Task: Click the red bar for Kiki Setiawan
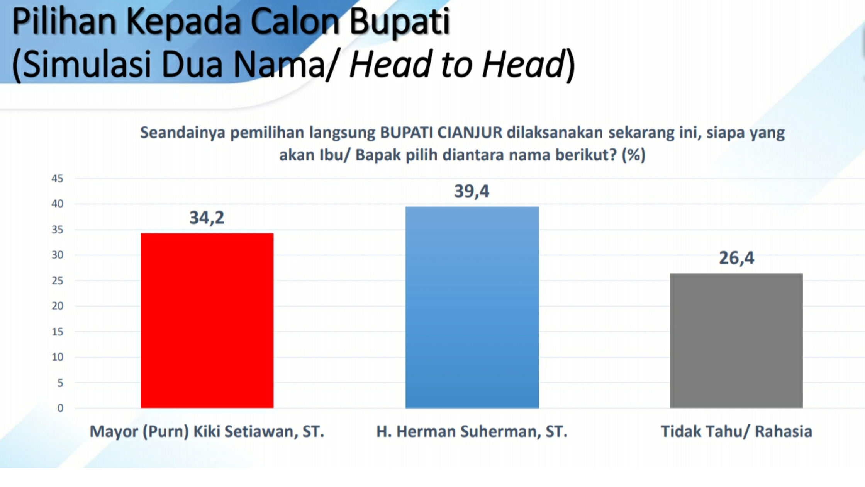pyautogui.click(x=207, y=320)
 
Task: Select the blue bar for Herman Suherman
pyautogui.click(x=472, y=307)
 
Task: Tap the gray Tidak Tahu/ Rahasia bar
pyautogui.click(x=736, y=341)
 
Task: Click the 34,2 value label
pyautogui.click(x=207, y=218)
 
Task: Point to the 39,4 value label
pyautogui.click(x=472, y=191)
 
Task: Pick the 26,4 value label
pyautogui.click(x=736, y=258)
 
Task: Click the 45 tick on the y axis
pyautogui.click(x=57, y=179)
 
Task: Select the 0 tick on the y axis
pyautogui.click(x=60, y=408)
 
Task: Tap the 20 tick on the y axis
pyautogui.click(x=57, y=306)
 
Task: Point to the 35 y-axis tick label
pyautogui.click(x=57, y=230)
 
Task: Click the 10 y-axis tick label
pyautogui.click(x=57, y=357)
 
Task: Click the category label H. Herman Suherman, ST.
pyautogui.click(x=472, y=431)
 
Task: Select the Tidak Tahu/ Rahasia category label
pyautogui.click(x=736, y=431)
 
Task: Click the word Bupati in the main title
pyautogui.click(x=400, y=22)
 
